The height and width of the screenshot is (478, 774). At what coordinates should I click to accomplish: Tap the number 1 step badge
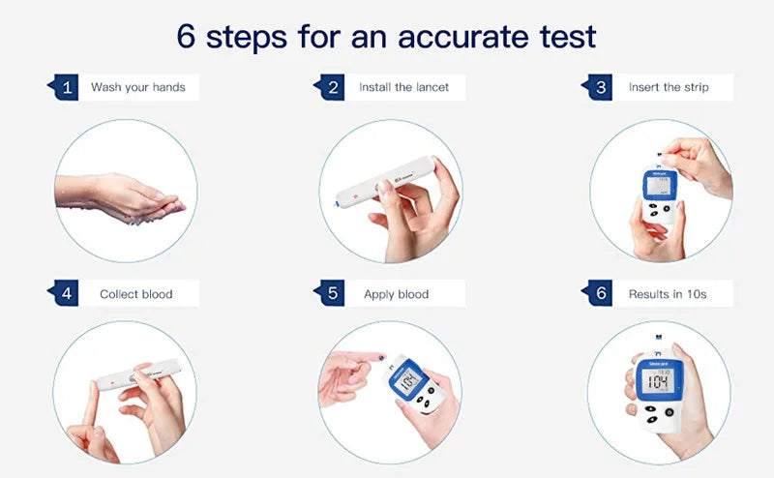[x=66, y=87]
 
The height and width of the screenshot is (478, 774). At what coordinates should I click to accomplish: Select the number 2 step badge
[x=334, y=87]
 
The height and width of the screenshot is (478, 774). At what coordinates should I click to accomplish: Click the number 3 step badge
[x=601, y=87]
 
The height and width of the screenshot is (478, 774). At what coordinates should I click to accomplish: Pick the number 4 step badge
[x=66, y=293]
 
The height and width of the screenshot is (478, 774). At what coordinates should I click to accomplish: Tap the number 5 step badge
[x=334, y=293]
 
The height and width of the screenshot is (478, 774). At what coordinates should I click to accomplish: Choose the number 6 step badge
[x=601, y=293]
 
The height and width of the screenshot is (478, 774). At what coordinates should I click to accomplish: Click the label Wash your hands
[x=137, y=87]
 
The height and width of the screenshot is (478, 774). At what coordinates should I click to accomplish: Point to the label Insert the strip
[x=669, y=87]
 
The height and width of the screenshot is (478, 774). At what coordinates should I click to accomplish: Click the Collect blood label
[x=135, y=294]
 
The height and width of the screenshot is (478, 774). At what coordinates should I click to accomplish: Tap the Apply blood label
[x=396, y=294]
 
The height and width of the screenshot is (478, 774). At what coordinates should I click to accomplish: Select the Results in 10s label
[x=668, y=294]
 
